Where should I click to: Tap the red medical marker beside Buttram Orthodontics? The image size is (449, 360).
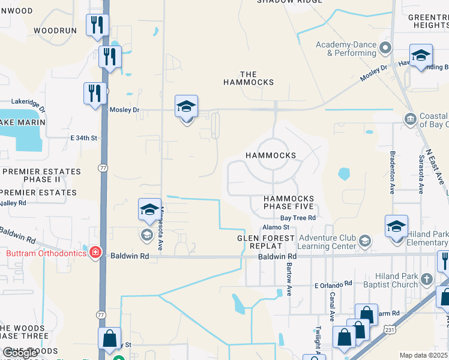95,253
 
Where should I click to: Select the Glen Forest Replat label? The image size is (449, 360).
266,242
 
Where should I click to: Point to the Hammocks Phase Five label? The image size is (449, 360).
288,203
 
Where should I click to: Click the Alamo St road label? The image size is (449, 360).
276,227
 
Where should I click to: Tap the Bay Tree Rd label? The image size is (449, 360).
298,218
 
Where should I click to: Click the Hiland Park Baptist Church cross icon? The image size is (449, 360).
426,279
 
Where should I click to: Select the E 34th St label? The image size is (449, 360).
83,138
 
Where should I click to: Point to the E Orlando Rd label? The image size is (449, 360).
333,284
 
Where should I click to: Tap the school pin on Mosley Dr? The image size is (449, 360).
186,109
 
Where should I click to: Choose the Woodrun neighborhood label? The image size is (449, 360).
55,30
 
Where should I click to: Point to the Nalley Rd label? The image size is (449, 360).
13,203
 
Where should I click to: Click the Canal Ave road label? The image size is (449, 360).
331,307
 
